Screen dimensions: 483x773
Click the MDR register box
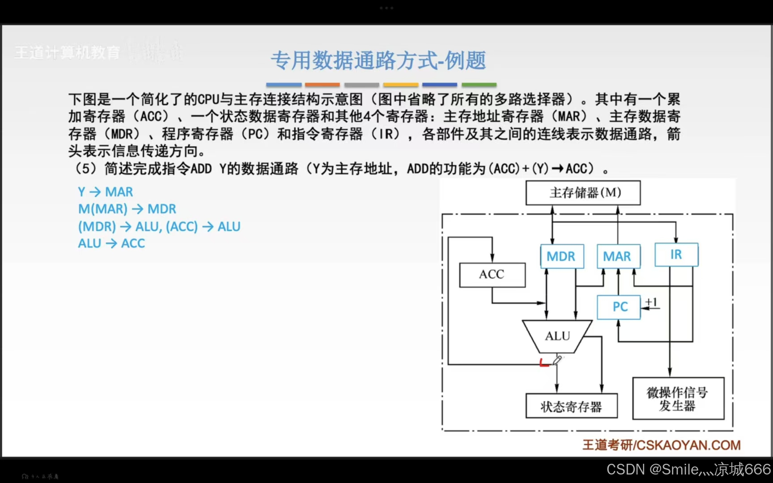pyautogui.click(x=562, y=256)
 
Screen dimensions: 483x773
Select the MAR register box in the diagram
pyautogui.click(x=618, y=256)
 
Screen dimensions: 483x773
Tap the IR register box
pyautogui.click(x=676, y=254)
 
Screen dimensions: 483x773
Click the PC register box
pyautogui.click(x=619, y=307)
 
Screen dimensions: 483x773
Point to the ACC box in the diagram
pyautogui.click(x=492, y=275)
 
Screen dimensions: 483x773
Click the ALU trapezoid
pyautogui.click(x=557, y=336)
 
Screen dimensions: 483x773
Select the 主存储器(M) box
pyautogui.click(x=583, y=193)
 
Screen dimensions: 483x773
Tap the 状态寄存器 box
pyautogui.click(x=571, y=406)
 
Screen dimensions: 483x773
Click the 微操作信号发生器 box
pyautogui.click(x=678, y=399)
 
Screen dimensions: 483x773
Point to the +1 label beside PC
pyautogui.click(x=651, y=303)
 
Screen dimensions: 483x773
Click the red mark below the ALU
pyautogui.click(x=544, y=363)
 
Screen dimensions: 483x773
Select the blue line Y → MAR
pyautogui.click(x=106, y=192)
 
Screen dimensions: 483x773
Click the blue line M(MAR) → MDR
pyautogui.click(x=127, y=209)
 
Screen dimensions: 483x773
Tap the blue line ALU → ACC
pyautogui.click(x=111, y=243)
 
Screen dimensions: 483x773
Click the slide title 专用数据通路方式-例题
pyautogui.click(x=378, y=60)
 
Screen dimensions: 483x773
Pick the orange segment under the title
pyautogui.click(x=322, y=85)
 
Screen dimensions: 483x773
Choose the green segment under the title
pyautogui.click(x=479, y=85)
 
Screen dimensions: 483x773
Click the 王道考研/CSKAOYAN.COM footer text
pyautogui.click(x=661, y=445)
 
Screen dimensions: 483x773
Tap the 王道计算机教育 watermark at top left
pyautogui.click(x=68, y=52)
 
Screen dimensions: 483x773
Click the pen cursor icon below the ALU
pyautogui.click(x=557, y=360)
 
